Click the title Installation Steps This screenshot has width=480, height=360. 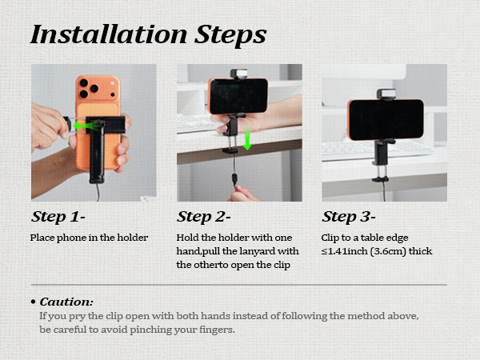pyautogui.click(x=149, y=34)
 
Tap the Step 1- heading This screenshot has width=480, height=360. pyautogui.click(x=58, y=217)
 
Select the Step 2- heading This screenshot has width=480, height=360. pyautogui.click(x=203, y=217)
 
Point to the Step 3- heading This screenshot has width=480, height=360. pyautogui.click(x=349, y=217)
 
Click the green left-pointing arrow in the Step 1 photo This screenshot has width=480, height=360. pyautogui.click(x=86, y=126)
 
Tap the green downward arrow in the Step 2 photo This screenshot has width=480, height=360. pyautogui.click(x=247, y=138)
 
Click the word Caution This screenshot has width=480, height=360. pyautogui.click(x=66, y=302)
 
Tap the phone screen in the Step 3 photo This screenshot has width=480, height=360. pyautogui.click(x=386, y=119)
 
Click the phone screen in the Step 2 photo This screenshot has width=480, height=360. pyautogui.click(x=238, y=96)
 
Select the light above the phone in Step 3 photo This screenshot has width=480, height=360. pyautogui.click(x=386, y=94)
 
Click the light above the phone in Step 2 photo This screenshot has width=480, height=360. pyautogui.click(x=238, y=74)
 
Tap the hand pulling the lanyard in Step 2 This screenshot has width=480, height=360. pyautogui.click(x=243, y=194)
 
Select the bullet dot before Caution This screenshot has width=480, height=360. pyautogui.click(x=34, y=302)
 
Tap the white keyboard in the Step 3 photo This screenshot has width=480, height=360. pyautogui.click(x=377, y=150)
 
